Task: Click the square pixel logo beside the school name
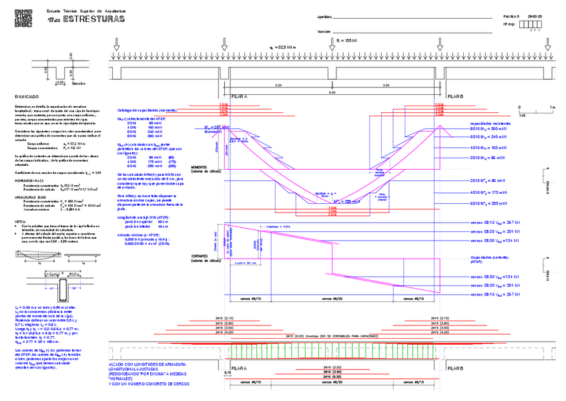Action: click(x=22, y=19)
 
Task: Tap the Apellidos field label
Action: click(x=324, y=16)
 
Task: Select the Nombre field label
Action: click(x=324, y=31)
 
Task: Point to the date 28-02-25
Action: click(x=535, y=16)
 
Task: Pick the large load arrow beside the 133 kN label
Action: click(x=332, y=44)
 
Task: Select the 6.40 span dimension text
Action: click(x=332, y=92)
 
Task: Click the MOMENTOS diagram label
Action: click(x=200, y=167)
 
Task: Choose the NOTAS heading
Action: click(x=20, y=221)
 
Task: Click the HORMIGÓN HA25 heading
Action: click(x=31, y=180)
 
